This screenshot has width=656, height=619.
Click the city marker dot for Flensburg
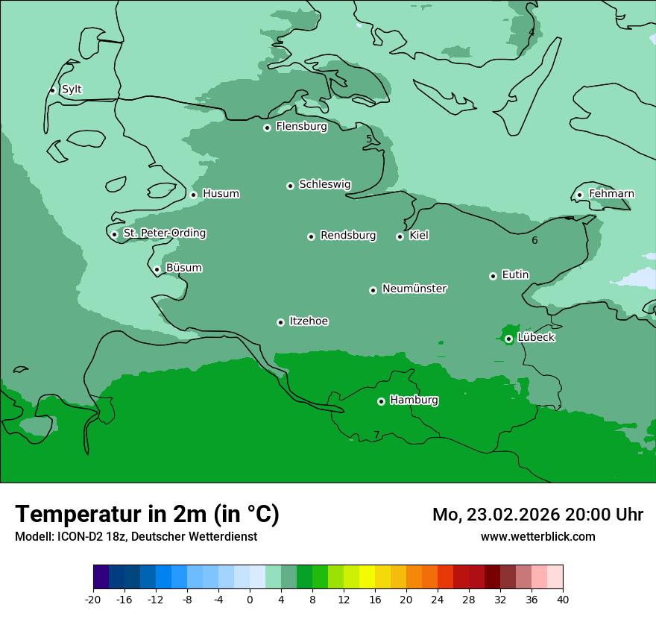267,128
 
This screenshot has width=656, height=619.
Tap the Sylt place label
72,89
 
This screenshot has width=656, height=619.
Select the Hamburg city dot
381,401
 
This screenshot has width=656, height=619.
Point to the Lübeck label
536,338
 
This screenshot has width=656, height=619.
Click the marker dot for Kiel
400,236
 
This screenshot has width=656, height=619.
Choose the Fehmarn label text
611,194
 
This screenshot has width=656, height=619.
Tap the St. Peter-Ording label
164,233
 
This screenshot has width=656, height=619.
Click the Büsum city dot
157,269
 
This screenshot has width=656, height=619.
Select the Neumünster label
414,289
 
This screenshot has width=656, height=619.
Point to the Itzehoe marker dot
280,322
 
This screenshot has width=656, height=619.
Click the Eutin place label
515,275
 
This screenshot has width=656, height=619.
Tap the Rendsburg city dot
311,236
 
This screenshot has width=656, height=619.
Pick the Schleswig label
324,184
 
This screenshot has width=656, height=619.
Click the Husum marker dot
193,195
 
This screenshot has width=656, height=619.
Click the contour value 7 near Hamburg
376,435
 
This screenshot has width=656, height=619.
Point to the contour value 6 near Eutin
534,240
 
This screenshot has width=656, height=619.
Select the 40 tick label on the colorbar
562,600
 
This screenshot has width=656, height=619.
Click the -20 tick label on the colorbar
93,600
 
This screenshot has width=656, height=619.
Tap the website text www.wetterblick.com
537,536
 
